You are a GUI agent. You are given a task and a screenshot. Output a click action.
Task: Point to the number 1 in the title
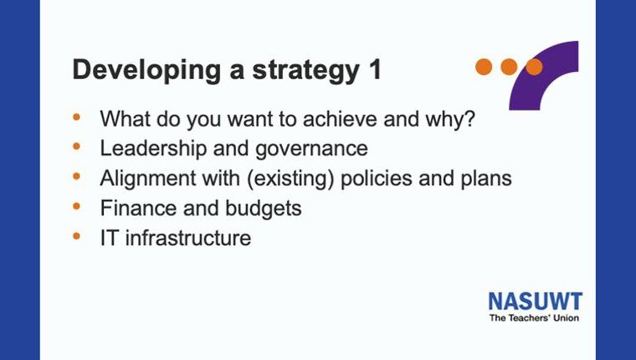click(375, 69)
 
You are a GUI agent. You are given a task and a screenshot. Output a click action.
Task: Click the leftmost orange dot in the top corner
click(484, 67)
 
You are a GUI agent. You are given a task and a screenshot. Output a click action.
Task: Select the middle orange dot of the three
click(509, 67)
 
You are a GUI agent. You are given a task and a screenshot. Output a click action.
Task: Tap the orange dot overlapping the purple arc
click(534, 67)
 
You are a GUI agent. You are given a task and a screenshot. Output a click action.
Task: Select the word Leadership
click(153, 148)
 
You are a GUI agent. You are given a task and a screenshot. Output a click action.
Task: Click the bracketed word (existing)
click(290, 179)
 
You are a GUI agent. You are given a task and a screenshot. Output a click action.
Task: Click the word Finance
click(138, 208)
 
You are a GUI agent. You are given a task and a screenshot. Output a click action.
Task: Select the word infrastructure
click(187, 238)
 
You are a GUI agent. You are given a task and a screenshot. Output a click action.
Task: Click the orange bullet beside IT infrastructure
click(76, 236)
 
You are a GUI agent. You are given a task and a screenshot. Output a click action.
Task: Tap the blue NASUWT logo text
click(536, 301)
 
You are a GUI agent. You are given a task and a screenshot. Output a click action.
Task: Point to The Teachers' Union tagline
click(534, 318)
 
